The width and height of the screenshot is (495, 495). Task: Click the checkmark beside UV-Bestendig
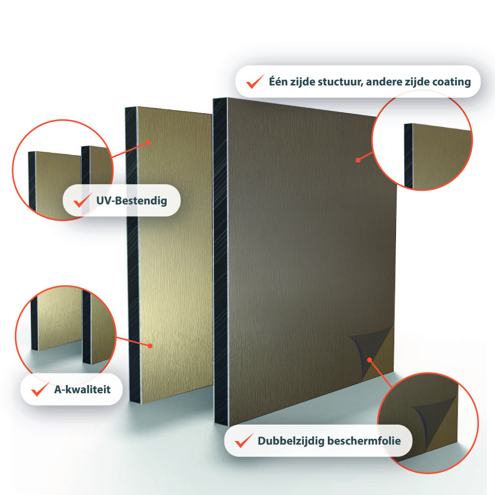click(82, 200)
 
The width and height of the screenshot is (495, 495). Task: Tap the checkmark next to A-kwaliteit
click(40, 389)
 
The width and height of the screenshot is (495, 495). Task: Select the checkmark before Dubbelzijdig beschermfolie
click(244, 441)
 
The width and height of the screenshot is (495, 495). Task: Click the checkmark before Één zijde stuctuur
click(255, 81)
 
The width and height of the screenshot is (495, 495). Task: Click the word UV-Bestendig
click(131, 201)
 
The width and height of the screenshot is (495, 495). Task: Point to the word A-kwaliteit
click(82, 389)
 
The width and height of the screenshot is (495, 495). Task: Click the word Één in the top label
click(278, 81)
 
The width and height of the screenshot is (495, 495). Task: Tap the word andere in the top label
click(382, 82)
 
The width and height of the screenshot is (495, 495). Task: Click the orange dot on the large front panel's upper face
click(358, 160)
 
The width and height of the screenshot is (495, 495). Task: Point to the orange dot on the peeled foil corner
click(370, 360)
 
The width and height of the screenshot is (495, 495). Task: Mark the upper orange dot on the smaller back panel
click(148, 142)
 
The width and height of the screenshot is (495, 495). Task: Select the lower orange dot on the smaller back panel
click(150, 346)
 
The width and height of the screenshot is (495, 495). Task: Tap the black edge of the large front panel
click(221, 262)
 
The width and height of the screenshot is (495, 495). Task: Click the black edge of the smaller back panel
click(132, 255)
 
